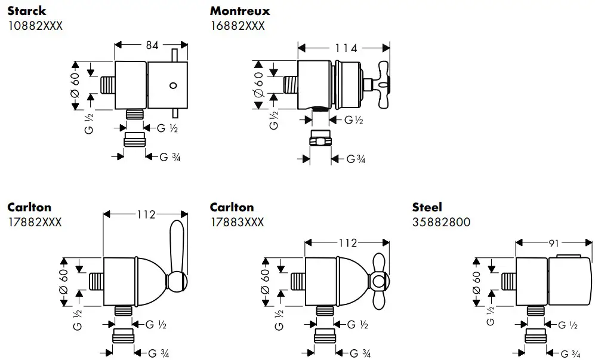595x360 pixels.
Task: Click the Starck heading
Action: [x=27, y=11]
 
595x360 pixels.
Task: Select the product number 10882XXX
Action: [x=35, y=26]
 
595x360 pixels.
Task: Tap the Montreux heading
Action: [x=240, y=11]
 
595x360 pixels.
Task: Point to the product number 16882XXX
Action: [x=238, y=26]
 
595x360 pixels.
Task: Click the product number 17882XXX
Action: [x=35, y=222]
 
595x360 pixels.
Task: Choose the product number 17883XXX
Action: [x=237, y=222]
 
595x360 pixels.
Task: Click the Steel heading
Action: [x=427, y=207]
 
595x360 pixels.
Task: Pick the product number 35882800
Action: [x=441, y=222]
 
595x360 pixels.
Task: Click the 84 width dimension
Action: [x=151, y=45]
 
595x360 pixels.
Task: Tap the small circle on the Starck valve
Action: [x=174, y=85]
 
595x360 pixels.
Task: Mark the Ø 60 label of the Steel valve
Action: [x=476, y=281]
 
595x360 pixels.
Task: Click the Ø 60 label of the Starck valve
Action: [x=75, y=85]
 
